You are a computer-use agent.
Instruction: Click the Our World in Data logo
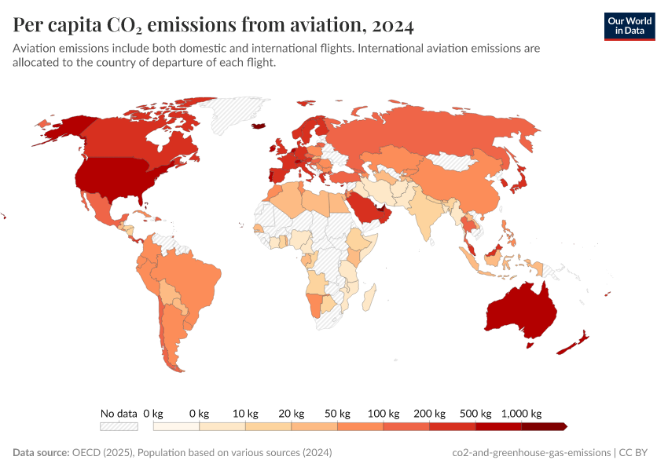[629, 26]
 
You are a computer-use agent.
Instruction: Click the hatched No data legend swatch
[119, 426]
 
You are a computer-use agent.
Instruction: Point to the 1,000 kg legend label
[522, 413]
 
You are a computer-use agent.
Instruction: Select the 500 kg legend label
[476, 413]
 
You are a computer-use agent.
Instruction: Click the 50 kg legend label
[338, 413]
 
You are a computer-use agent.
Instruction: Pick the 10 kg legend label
[246, 413]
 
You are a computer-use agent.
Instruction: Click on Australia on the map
[521, 313]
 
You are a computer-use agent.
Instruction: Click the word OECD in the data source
[85, 453]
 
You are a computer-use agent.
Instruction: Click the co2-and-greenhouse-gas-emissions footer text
[532, 453]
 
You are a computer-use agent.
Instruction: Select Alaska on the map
[59, 130]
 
